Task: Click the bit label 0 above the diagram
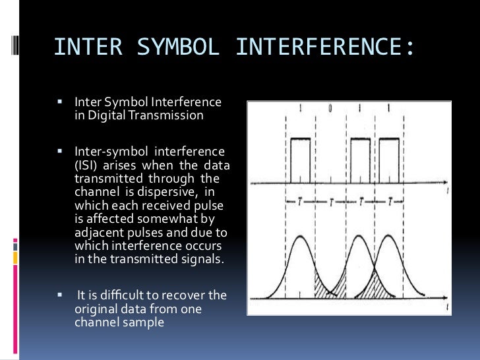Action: (x=332, y=106)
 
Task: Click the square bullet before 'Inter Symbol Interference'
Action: (x=59, y=103)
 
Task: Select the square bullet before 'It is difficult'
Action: (x=59, y=295)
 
